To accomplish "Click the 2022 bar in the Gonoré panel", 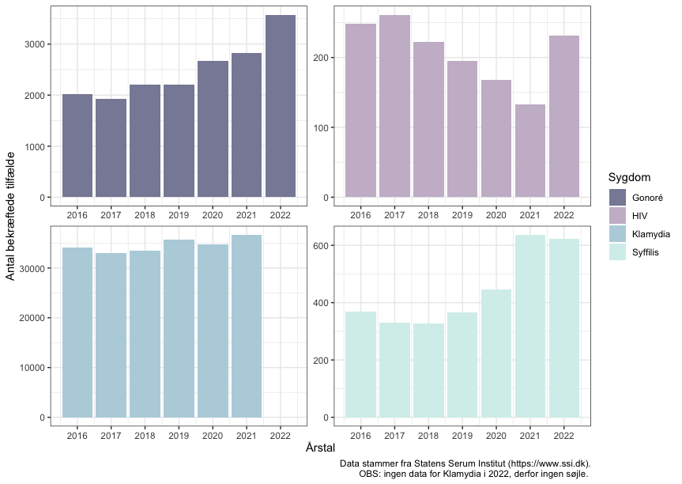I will [281, 106].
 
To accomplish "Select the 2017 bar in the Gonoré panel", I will [111, 148].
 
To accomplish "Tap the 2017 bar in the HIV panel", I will [394, 106].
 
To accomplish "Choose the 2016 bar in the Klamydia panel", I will [77, 332].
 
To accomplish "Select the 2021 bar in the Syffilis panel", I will [530, 326].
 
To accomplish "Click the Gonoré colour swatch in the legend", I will [618, 197].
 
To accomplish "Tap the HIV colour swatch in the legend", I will [618, 215].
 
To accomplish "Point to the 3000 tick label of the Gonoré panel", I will [33, 44].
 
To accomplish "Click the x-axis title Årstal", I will [321, 448].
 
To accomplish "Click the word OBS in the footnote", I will [369, 475].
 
